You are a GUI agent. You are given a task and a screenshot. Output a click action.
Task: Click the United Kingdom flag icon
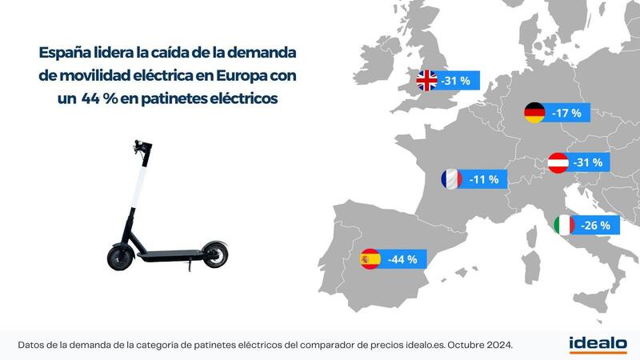(427, 80)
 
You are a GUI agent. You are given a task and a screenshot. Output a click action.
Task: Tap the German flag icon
(534, 114)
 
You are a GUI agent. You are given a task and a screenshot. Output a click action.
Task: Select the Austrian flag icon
(558, 163)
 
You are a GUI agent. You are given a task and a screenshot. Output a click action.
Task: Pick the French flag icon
(451, 179)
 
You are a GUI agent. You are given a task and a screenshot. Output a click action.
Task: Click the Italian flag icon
(565, 226)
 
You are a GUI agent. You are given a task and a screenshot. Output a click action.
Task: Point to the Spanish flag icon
(370, 259)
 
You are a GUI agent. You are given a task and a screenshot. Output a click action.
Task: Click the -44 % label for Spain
(402, 259)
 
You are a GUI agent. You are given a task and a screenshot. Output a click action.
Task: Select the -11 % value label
(483, 179)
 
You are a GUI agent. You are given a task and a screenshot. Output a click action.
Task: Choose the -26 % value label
(595, 226)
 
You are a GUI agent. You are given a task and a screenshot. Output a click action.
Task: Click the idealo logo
(597, 343)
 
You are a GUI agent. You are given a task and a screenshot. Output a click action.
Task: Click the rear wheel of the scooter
(213, 254)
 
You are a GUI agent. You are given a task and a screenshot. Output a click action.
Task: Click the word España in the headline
(66, 53)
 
